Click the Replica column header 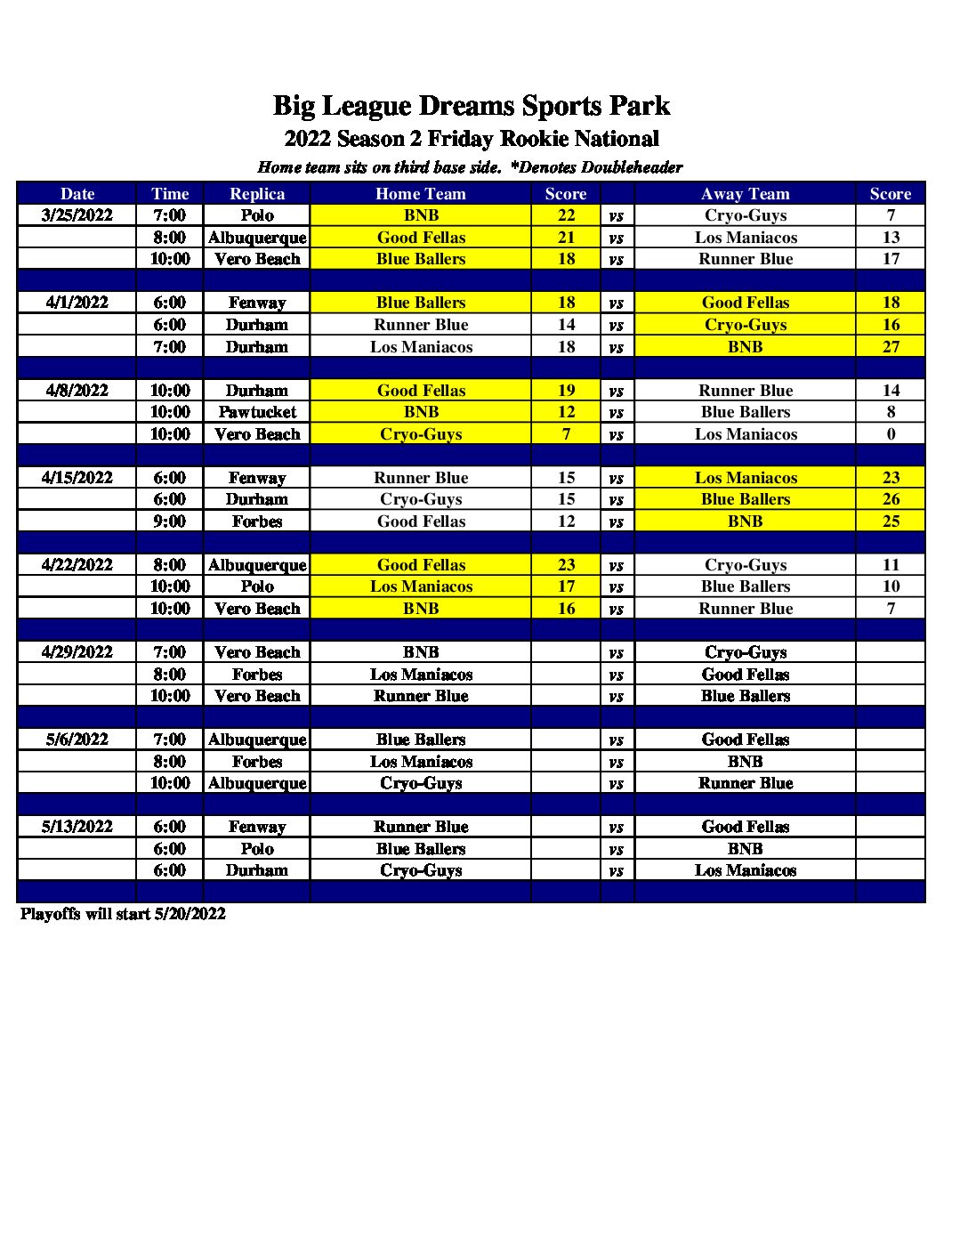257,194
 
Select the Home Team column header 421,194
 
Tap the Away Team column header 746,194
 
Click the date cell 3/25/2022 77,215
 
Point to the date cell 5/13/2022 77,827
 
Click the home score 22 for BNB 567,215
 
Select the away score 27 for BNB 891,347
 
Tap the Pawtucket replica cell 257,412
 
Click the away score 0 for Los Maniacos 891,434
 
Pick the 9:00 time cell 170,521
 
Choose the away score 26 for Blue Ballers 891,499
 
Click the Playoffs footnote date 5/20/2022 190,914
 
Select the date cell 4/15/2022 77,478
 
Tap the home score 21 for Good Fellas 567,238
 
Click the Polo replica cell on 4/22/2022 257,586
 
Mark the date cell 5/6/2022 77,740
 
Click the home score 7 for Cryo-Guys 567,434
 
